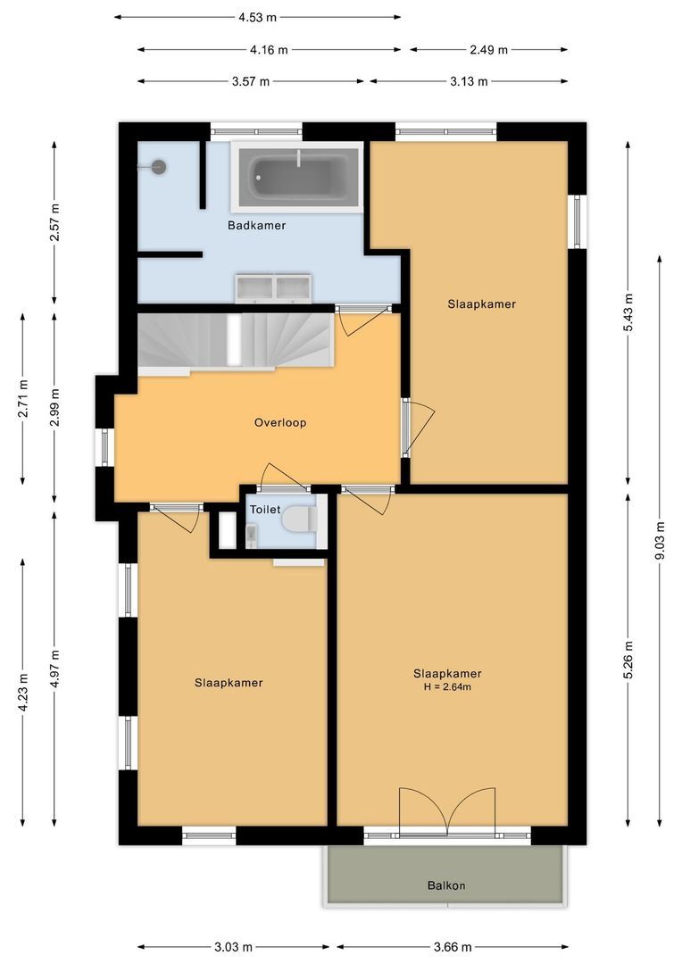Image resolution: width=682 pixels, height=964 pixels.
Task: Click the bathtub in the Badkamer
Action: (296, 176)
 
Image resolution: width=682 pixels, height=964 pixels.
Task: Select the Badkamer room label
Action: (256, 226)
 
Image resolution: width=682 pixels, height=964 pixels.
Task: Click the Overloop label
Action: (279, 422)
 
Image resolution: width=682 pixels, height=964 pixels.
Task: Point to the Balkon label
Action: (445, 885)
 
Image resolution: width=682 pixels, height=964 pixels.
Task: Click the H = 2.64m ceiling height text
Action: (447, 687)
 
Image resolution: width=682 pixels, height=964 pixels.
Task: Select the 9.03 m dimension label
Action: (660, 540)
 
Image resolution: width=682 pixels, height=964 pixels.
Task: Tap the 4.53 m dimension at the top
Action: (258, 17)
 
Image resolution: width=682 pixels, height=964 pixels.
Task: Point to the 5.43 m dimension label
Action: (628, 312)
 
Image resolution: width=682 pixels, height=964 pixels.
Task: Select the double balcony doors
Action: (447, 810)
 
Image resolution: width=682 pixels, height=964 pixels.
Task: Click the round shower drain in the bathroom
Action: (159, 166)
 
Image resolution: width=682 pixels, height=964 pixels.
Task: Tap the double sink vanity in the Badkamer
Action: (273, 287)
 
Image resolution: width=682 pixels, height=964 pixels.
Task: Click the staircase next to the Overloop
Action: (236, 340)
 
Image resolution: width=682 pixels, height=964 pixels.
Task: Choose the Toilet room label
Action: (264, 509)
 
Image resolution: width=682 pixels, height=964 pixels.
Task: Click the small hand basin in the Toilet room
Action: (251, 534)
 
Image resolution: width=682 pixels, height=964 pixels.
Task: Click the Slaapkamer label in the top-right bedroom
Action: (481, 303)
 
